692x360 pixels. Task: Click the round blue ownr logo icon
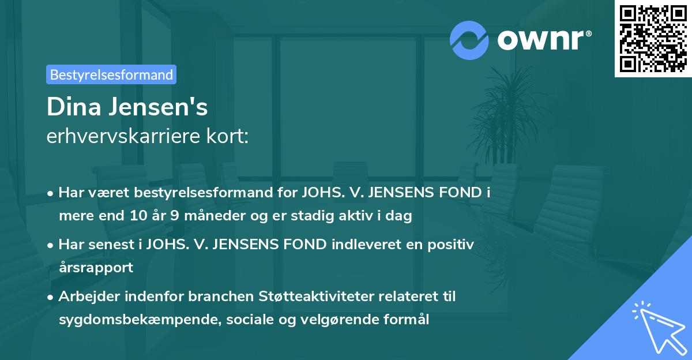pyautogui.click(x=469, y=40)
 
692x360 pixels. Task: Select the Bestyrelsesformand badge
pyautogui.click(x=111, y=74)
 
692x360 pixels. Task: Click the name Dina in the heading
pyautogui.click(x=72, y=107)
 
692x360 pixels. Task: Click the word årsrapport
pyautogui.click(x=96, y=268)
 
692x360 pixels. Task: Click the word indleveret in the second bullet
pyautogui.click(x=359, y=245)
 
